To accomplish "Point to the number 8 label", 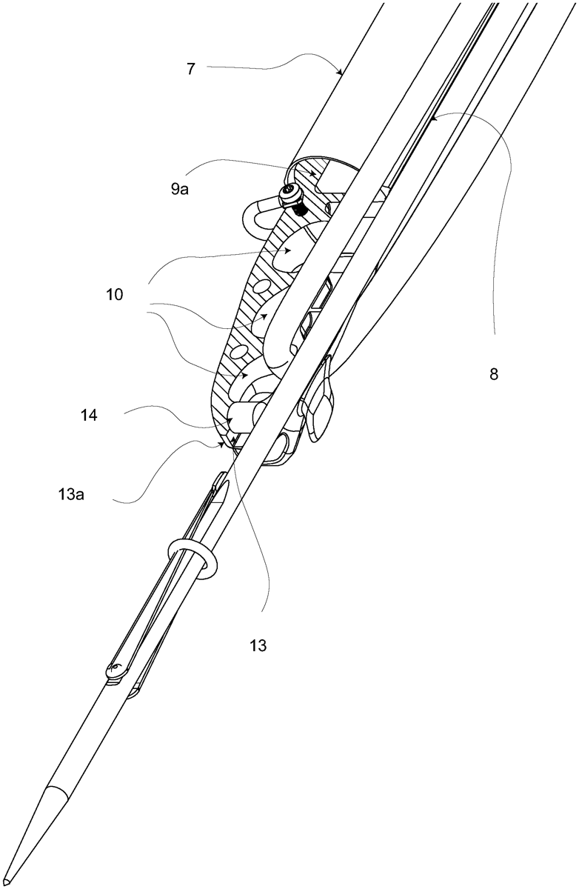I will tap(494, 375).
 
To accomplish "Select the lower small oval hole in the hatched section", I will tap(240, 348).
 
